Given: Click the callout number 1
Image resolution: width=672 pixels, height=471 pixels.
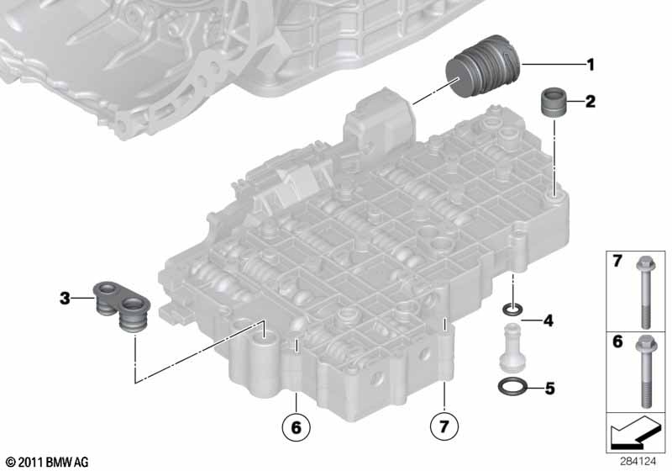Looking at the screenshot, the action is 591,65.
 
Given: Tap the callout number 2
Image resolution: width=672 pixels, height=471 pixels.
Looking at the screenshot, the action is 591,102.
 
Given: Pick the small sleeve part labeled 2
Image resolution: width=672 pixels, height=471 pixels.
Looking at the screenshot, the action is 554,102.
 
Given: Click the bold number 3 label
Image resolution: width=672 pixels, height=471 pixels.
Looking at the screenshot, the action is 65,298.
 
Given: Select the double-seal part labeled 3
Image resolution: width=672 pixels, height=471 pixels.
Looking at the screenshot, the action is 122,306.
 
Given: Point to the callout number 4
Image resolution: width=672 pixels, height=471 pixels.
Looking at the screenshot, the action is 549,320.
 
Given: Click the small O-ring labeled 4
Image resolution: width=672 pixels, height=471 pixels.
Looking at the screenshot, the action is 512,309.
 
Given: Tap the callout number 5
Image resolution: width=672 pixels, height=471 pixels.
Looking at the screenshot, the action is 549,389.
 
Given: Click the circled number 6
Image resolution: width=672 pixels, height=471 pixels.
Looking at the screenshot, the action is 296,426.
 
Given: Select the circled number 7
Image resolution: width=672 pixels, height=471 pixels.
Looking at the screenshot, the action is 444,426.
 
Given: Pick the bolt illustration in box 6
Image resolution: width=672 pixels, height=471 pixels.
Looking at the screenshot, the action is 645,372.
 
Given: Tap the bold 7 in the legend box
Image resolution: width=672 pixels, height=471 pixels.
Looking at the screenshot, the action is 617,261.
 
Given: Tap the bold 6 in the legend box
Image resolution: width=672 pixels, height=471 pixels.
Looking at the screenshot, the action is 617,341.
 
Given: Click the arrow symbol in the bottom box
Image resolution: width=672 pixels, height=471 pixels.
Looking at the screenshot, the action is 635,432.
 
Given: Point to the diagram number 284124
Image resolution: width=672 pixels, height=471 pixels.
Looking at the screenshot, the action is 638,462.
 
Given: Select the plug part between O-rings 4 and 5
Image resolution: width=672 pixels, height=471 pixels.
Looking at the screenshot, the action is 512,347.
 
